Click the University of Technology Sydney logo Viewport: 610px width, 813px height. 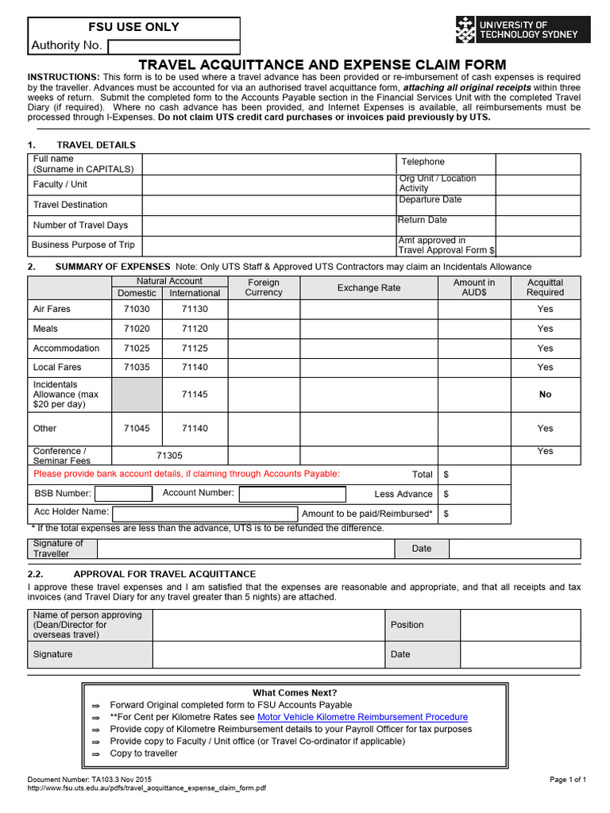coord(516,30)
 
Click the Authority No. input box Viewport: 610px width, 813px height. coord(174,47)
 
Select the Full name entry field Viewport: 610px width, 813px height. coord(268,164)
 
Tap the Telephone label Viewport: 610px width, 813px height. coord(423,162)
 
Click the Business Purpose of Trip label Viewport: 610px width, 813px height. coord(84,245)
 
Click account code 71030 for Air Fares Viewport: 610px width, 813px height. coord(137,309)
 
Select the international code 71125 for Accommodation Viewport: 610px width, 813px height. coord(195,348)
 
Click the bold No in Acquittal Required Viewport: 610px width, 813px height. coord(545,394)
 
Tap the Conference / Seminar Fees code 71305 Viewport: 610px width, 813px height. coord(169,456)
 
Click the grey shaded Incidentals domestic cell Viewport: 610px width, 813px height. coord(137,394)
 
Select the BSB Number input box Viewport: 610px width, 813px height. coord(123,494)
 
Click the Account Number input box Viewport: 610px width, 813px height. coord(292,494)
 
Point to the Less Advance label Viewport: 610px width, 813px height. coord(403,494)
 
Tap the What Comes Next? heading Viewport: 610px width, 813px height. coord(295,692)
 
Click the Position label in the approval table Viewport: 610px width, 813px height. coord(407,625)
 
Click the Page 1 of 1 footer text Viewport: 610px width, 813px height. coord(567,780)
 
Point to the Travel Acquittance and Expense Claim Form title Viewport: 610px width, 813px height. coord(322,64)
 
